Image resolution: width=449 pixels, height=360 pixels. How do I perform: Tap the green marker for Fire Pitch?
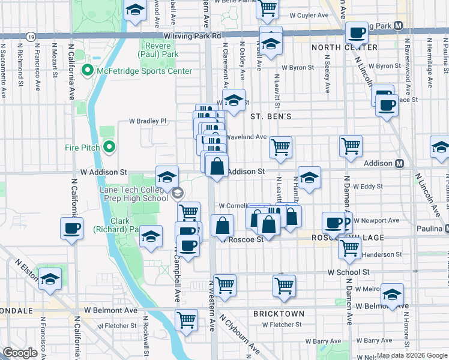[109, 147]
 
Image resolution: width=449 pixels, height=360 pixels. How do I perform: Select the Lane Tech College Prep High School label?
[129, 194]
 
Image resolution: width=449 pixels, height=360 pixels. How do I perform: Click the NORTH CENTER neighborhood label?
[345, 47]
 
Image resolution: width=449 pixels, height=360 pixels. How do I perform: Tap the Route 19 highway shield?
[30, 37]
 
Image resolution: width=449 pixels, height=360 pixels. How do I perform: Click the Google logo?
[20, 353]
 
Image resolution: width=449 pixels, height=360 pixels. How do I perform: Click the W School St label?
[348, 272]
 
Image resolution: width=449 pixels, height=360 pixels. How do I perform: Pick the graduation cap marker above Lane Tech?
[167, 176]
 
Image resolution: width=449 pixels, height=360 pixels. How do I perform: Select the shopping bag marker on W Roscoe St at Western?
[222, 226]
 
